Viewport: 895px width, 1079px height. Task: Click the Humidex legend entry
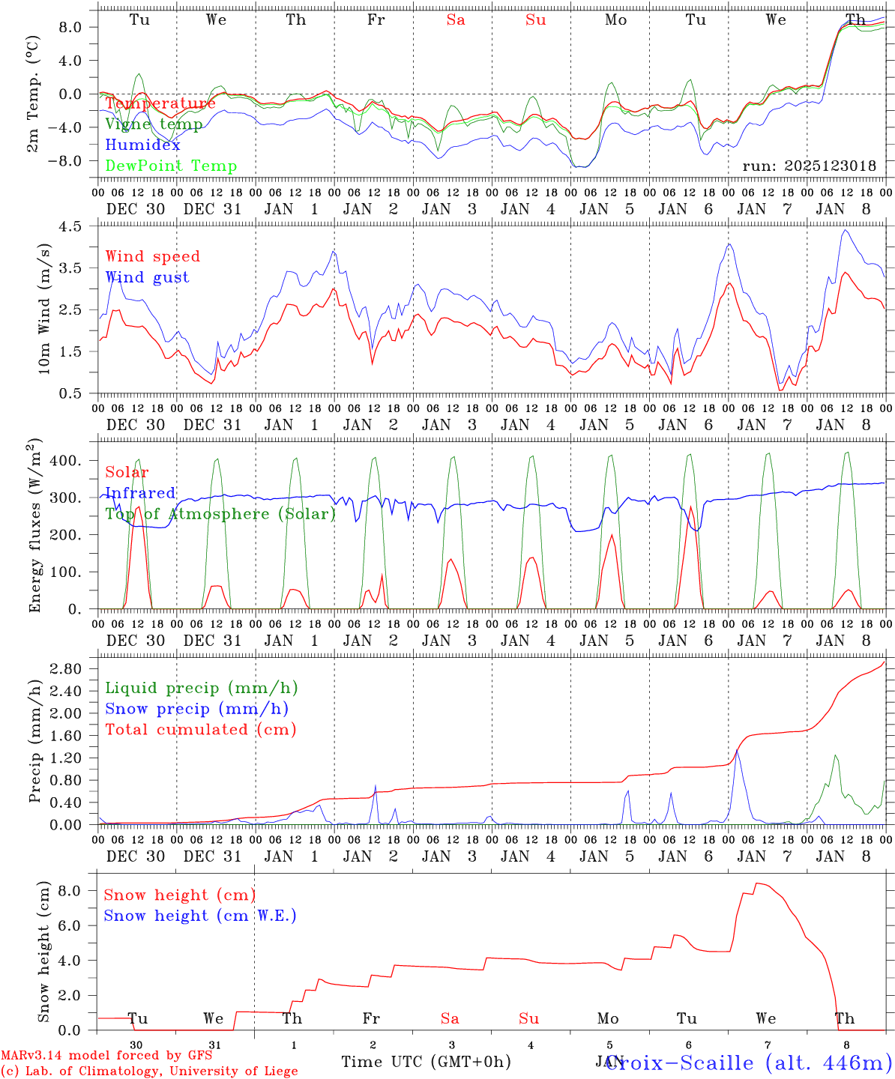(x=142, y=145)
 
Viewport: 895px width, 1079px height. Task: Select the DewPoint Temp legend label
(x=171, y=166)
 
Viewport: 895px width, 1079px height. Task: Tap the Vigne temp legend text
(x=154, y=124)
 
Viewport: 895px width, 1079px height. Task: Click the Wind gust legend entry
(x=147, y=277)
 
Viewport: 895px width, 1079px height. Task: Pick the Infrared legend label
(x=140, y=493)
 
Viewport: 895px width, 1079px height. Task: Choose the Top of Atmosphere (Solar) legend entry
(x=220, y=514)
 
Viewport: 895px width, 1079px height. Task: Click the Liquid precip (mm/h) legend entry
(x=201, y=688)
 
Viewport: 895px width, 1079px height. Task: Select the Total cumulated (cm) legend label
(x=200, y=730)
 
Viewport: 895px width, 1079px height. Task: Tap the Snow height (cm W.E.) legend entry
(x=199, y=916)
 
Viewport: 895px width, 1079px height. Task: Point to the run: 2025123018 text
(x=809, y=166)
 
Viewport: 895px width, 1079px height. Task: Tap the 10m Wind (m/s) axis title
(x=43, y=308)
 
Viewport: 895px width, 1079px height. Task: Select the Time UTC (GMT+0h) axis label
(x=426, y=1062)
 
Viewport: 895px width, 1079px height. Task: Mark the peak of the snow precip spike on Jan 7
(x=737, y=749)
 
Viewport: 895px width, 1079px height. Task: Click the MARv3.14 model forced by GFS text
(x=106, y=1056)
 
